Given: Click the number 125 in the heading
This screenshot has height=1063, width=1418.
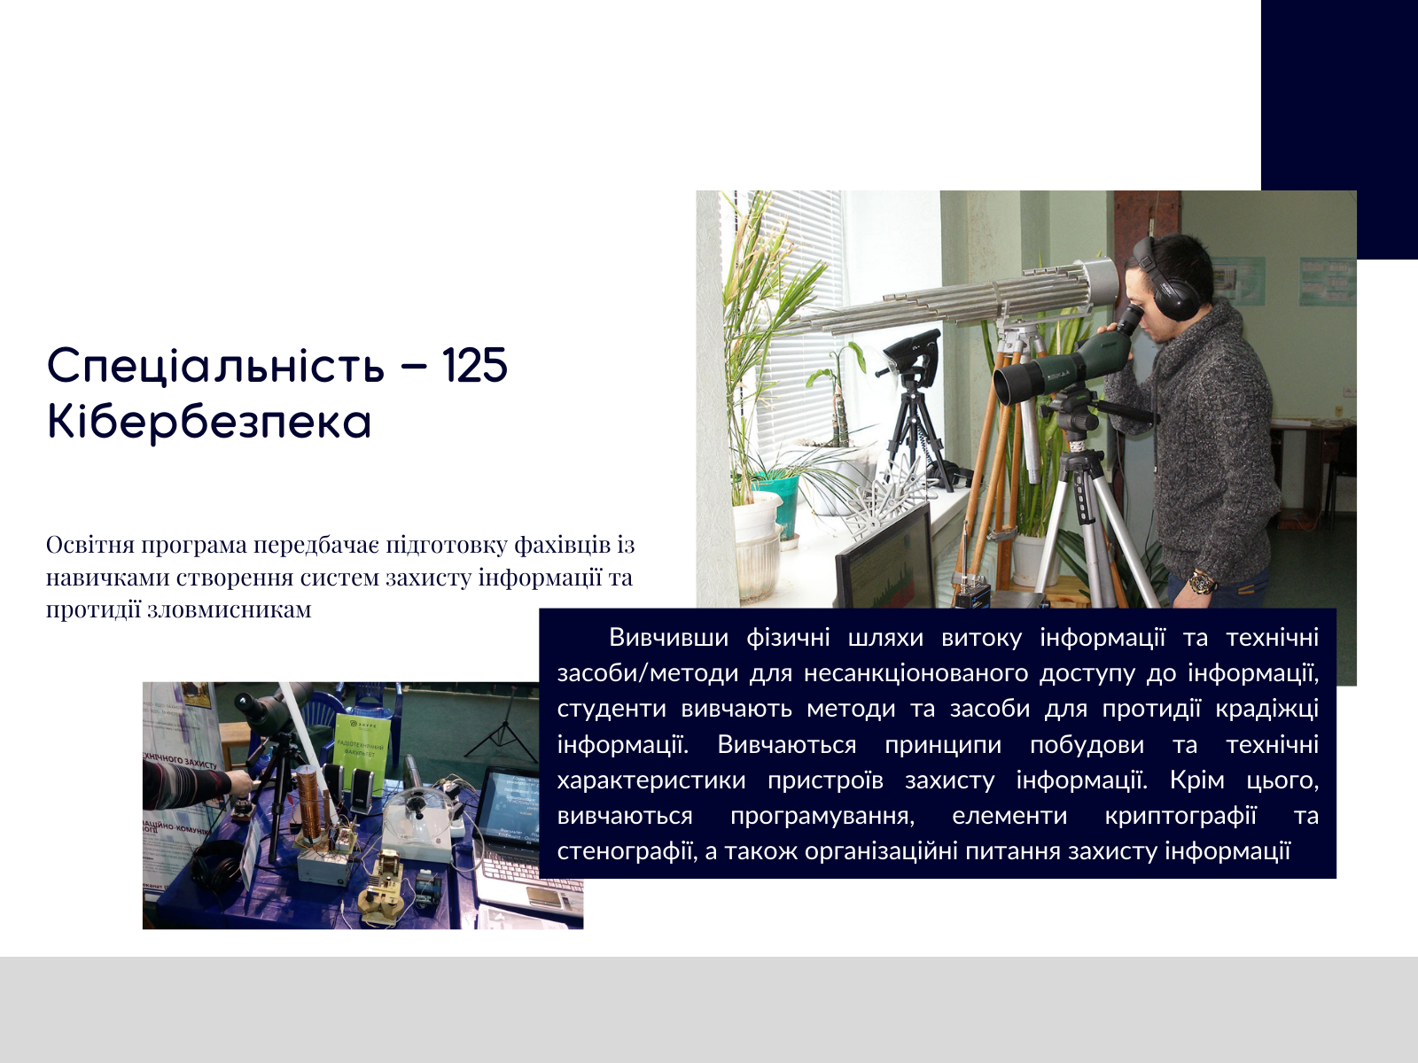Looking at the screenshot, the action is pyautogui.click(x=475, y=365).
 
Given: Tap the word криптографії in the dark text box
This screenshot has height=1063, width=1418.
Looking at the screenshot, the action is pyautogui.click(x=1180, y=816).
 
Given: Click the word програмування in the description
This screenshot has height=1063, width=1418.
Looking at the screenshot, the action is pyautogui.click(x=822, y=817).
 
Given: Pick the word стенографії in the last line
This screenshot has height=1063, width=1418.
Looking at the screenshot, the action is pyautogui.click(x=627, y=852).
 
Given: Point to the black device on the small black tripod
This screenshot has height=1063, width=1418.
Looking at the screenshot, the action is pyautogui.click(x=911, y=351).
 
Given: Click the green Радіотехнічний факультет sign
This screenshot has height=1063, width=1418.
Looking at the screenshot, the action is pyautogui.click(x=362, y=747).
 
